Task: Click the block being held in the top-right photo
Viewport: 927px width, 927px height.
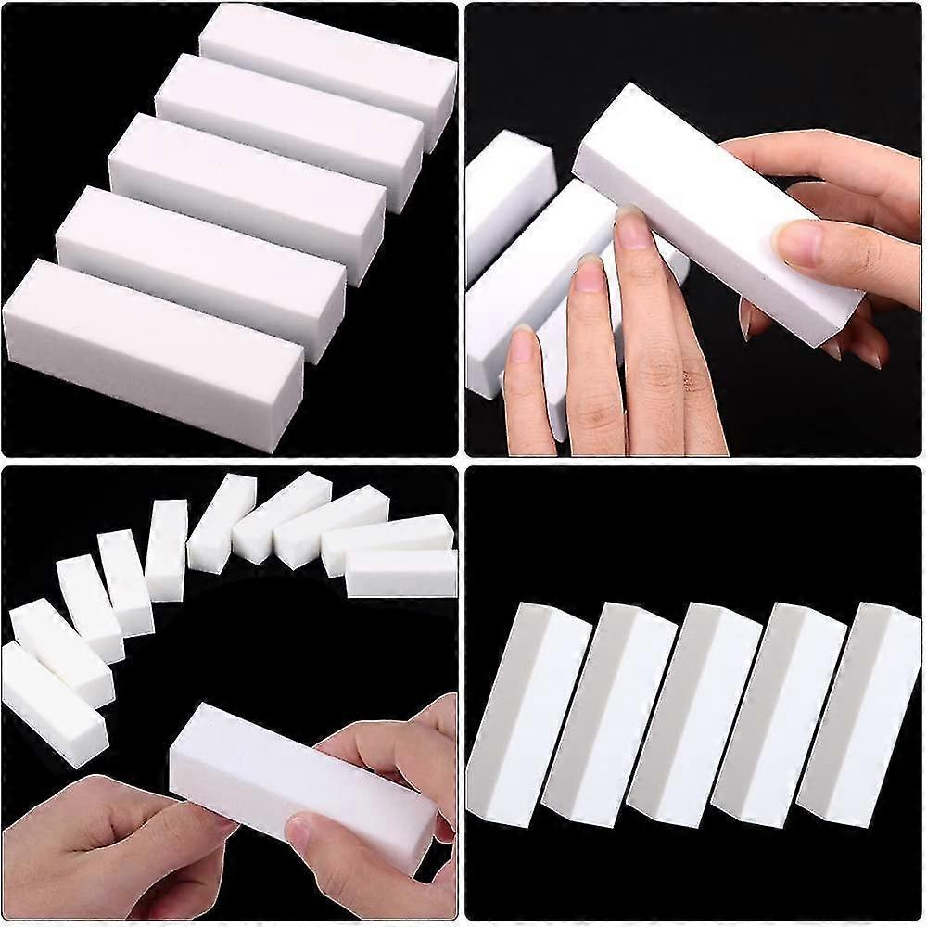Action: pyautogui.click(x=705, y=204)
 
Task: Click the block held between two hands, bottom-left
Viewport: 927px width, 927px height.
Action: pyautogui.click(x=297, y=779)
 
